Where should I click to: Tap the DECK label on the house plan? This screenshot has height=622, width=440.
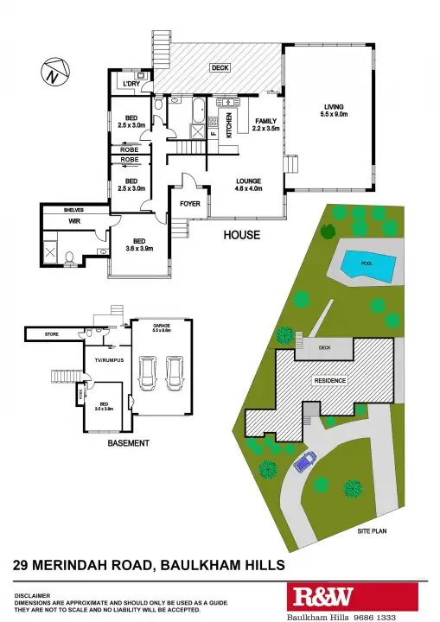[220, 68]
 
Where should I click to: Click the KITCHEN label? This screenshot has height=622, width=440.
[229, 126]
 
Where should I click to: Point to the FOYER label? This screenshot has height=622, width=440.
[189, 205]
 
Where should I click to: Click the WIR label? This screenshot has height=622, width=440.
[62, 222]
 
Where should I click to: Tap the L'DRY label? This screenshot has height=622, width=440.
[131, 83]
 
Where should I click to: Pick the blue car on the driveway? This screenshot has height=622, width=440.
[305, 464]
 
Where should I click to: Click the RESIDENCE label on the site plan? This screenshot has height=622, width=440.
[329, 381]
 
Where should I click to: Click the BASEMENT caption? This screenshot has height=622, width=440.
[128, 443]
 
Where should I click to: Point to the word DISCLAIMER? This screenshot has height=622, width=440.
[32, 596]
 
